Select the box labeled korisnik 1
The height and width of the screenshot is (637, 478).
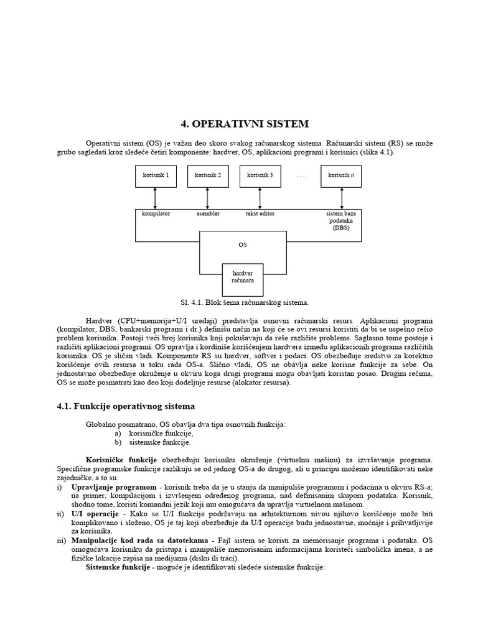tap(156, 175)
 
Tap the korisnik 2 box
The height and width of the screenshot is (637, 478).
tap(208, 175)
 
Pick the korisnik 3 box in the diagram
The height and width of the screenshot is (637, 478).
tap(260, 175)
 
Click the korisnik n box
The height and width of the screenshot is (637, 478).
tap(341, 175)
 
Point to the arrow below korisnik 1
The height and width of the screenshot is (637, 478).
tap(156, 198)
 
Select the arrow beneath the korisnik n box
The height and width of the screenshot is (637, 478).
tap(341, 198)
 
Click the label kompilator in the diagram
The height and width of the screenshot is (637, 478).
tap(156, 213)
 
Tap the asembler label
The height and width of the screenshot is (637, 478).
tap(208, 213)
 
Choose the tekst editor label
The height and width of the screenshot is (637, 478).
tap(260, 213)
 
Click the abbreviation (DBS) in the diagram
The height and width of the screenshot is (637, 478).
tap(341, 228)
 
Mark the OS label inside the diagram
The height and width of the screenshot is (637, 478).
tap(243, 245)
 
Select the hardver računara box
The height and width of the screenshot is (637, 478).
tap(243, 276)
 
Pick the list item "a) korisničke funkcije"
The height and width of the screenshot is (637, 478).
tap(154, 433)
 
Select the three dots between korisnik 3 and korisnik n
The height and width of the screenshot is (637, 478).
tap(301, 176)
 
